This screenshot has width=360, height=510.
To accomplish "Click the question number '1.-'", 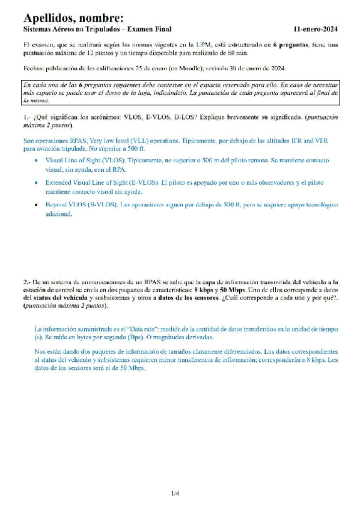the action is pos(27,118).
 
